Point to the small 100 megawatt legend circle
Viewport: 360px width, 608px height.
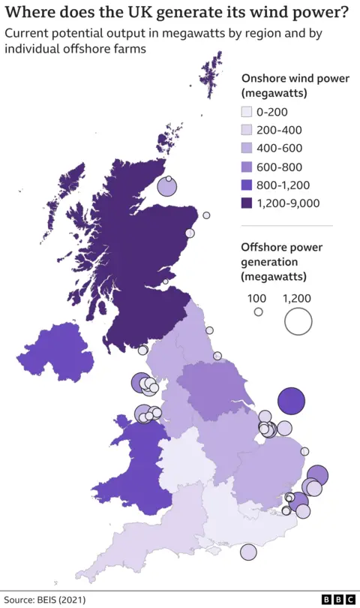259,312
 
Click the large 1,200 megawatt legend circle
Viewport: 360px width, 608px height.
298,321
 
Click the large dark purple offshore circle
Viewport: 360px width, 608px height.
291,402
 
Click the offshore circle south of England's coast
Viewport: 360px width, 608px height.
248,552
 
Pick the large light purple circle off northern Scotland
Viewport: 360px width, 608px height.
166,187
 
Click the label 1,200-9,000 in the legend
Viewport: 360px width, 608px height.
288,203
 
